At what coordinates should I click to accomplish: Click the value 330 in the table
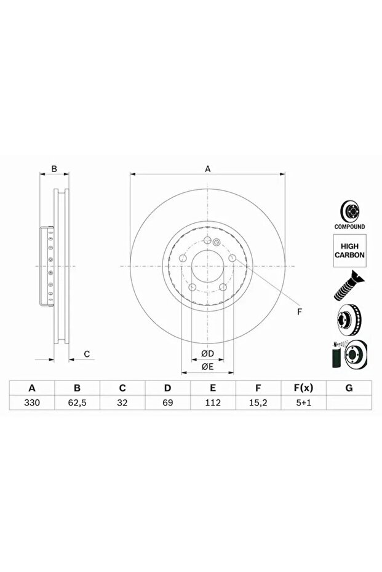point(32,404)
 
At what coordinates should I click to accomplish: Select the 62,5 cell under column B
point(78,404)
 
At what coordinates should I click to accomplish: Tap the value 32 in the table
point(122,404)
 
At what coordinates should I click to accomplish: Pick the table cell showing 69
point(167,404)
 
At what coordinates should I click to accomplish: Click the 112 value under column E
point(213,404)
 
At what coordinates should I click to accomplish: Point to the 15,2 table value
point(258,404)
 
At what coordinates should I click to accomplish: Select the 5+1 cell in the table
point(303,404)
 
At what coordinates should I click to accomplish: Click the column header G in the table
point(349,388)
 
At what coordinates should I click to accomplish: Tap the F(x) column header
point(303,388)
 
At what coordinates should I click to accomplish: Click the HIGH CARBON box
point(349,249)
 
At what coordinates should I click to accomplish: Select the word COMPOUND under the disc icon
point(349,227)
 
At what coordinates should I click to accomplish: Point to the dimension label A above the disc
point(208,168)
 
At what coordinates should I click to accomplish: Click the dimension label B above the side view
point(54,168)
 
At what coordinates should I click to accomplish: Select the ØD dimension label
point(207,354)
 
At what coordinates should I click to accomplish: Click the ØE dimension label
point(207,367)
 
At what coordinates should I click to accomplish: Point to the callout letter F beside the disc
point(300,311)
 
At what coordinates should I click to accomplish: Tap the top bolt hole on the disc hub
point(208,240)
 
